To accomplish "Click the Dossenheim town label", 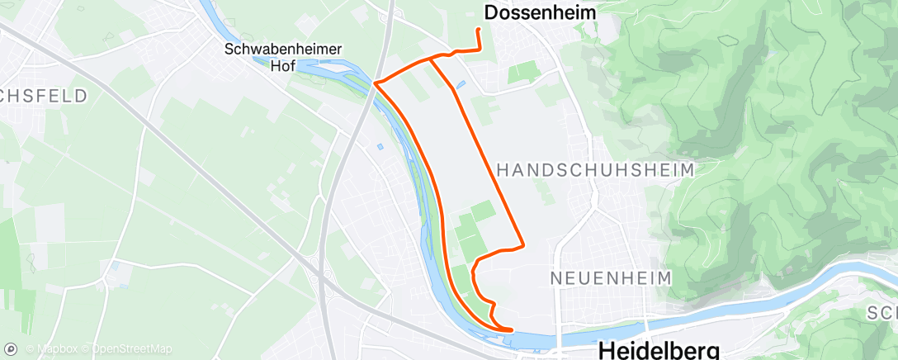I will click(x=540, y=12).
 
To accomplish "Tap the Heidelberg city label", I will click(x=659, y=349).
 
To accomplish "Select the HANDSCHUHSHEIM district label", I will click(x=596, y=169).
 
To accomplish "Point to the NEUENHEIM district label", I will click(x=612, y=277).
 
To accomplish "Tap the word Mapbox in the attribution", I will click(x=50, y=349).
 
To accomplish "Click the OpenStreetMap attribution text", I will click(x=132, y=349).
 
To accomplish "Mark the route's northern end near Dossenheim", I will click(x=479, y=30).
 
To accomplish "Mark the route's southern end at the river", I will click(x=511, y=329).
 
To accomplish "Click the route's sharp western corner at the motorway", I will click(x=376, y=83).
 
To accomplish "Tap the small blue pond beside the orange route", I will click(x=461, y=84).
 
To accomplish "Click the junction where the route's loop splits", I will click(x=430, y=59).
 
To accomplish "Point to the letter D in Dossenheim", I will click(x=491, y=12).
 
